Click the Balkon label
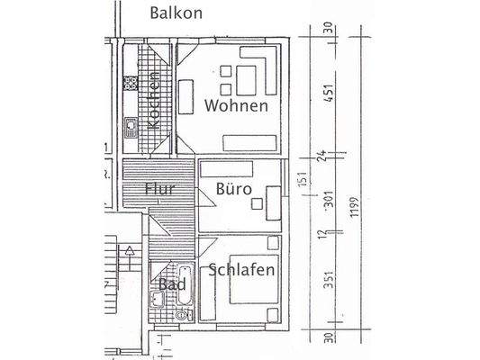(x=177, y=13)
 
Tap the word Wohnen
(x=236, y=105)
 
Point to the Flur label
(x=162, y=190)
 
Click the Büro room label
(x=233, y=190)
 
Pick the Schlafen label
(x=240, y=269)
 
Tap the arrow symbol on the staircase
(x=130, y=249)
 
